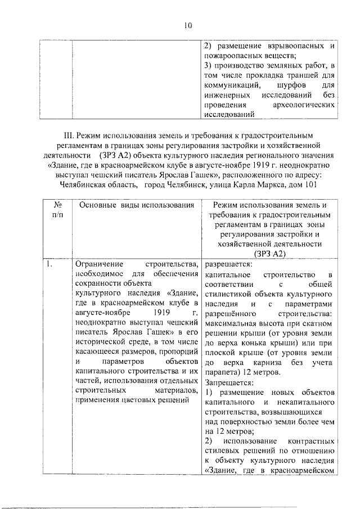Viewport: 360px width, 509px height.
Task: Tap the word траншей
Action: click(x=305, y=75)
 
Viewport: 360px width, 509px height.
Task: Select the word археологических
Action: click(x=304, y=105)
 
